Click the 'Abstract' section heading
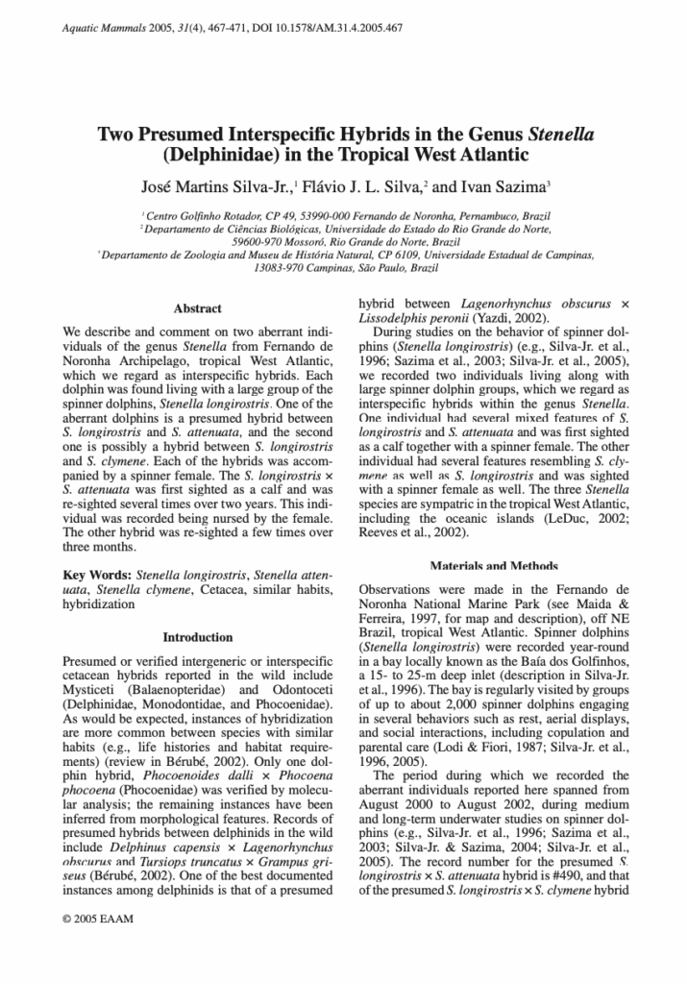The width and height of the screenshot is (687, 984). [x=197, y=308]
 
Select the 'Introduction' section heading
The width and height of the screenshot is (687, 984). [x=197, y=637]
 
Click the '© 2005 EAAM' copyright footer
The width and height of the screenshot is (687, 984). [x=98, y=946]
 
